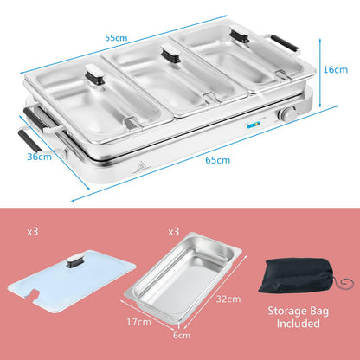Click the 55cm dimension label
pyautogui.click(x=116, y=38)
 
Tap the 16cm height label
pyautogui.click(x=335, y=69)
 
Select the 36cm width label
pyautogui.click(x=40, y=157)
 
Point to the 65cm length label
pyautogui.click(x=218, y=160)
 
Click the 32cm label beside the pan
pyautogui.click(x=228, y=299)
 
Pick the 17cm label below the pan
pyautogui.click(x=138, y=322)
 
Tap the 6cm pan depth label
pyautogui.click(x=182, y=336)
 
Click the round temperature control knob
pyautogui.click(x=286, y=115)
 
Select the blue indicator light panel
pyautogui.click(x=254, y=125)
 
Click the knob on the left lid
pyautogui.click(x=94, y=74)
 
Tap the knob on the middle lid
pyautogui.click(x=171, y=54)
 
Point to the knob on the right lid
pyautogui.click(x=240, y=35)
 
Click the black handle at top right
pyautogui.click(x=284, y=43)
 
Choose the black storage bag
pyautogui.click(x=297, y=276)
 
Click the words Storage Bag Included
pyautogui.click(x=299, y=317)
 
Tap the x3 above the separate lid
pyautogui.click(x=32, y=232)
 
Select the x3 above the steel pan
pyautogui.click(x=174, y=232)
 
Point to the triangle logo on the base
pyautogui.click(x=140, y=167)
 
